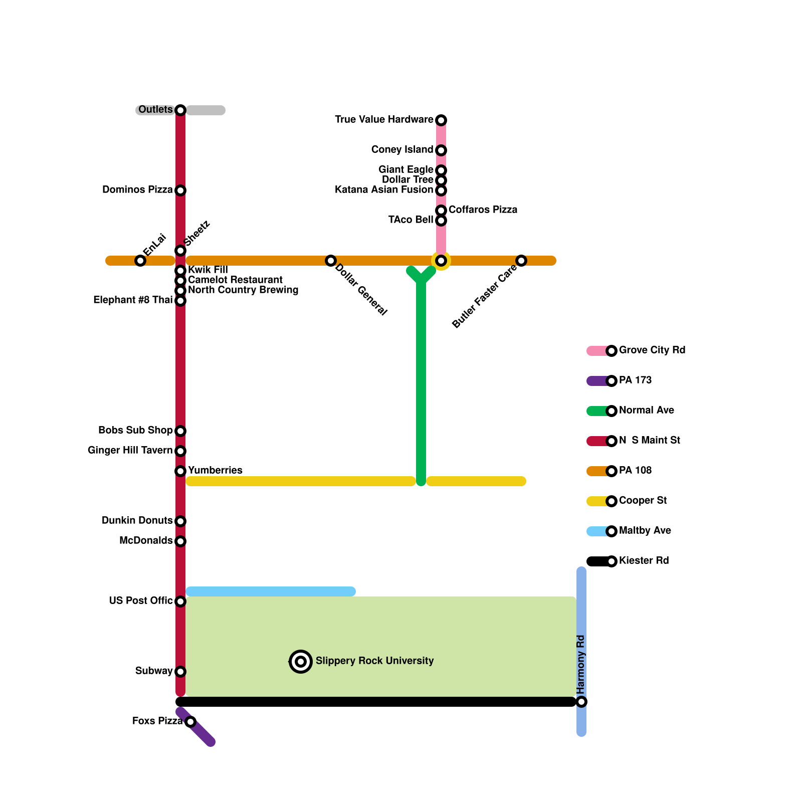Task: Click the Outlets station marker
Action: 180,110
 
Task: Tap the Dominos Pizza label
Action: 137,190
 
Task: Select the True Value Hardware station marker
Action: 441,120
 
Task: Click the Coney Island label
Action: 402,150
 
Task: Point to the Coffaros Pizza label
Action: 483,210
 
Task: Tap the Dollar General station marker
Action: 330,260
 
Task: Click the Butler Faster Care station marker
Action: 521,260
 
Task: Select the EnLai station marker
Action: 140,260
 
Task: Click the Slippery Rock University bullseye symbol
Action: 301,662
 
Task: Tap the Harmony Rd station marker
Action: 581,702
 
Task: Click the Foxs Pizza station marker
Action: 190,722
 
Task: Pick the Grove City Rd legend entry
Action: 652,350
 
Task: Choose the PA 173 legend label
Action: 635,380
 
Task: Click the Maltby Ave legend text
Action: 645,531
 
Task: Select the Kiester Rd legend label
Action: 644,561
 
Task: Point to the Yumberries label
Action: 215,470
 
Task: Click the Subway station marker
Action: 180,672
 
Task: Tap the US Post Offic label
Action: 141,600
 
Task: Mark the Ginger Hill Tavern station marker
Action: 180,451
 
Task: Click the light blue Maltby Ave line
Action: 271,591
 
